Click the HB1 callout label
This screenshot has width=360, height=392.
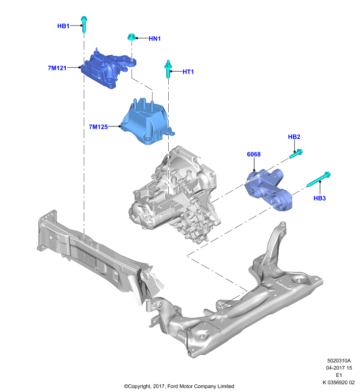point(63,26)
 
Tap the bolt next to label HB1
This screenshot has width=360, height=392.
point(84,24)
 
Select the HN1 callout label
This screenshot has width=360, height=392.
point(154,39)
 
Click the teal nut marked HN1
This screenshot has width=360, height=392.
point(131,37)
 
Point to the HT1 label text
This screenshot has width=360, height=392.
point(188,72)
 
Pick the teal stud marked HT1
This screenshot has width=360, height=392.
point(168,69)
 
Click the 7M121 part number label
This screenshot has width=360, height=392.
point(57,68)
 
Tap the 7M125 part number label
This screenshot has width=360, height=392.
point(98,127)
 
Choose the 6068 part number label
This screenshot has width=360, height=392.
point(254,154)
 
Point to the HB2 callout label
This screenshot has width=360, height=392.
point(294,137)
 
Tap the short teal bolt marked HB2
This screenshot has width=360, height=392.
point(296,153)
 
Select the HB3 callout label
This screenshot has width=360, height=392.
point(320,198)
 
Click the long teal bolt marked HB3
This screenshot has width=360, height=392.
point(319,179)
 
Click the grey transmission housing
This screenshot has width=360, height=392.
point(175,195)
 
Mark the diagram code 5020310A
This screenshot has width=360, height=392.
point(339,361)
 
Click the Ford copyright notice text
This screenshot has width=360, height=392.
point(179,386)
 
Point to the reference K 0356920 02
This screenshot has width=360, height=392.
point(339,383)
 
